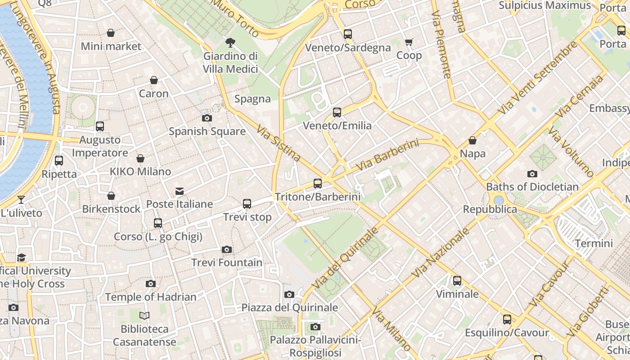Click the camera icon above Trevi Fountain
point(227,249)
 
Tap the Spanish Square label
point(207,131)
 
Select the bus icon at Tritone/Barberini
point(318,184)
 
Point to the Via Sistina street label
point(279,144)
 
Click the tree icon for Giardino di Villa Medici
point(230,43)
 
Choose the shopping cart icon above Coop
point(409,42)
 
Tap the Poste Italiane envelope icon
point(180,191)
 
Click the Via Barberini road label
point(387,155)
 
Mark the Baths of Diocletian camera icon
point(532,174)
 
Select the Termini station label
point(594,243)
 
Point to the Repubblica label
point(490,209)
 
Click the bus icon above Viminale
point(457,281)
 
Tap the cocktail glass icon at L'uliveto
point(21,199)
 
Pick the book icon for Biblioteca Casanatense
point(144,315)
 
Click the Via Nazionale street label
point(441,252)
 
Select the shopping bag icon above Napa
point(472,140)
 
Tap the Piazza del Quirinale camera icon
point(289,294)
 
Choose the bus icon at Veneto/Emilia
point(337,112)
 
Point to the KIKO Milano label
point(140,171)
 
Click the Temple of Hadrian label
point(151,297)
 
